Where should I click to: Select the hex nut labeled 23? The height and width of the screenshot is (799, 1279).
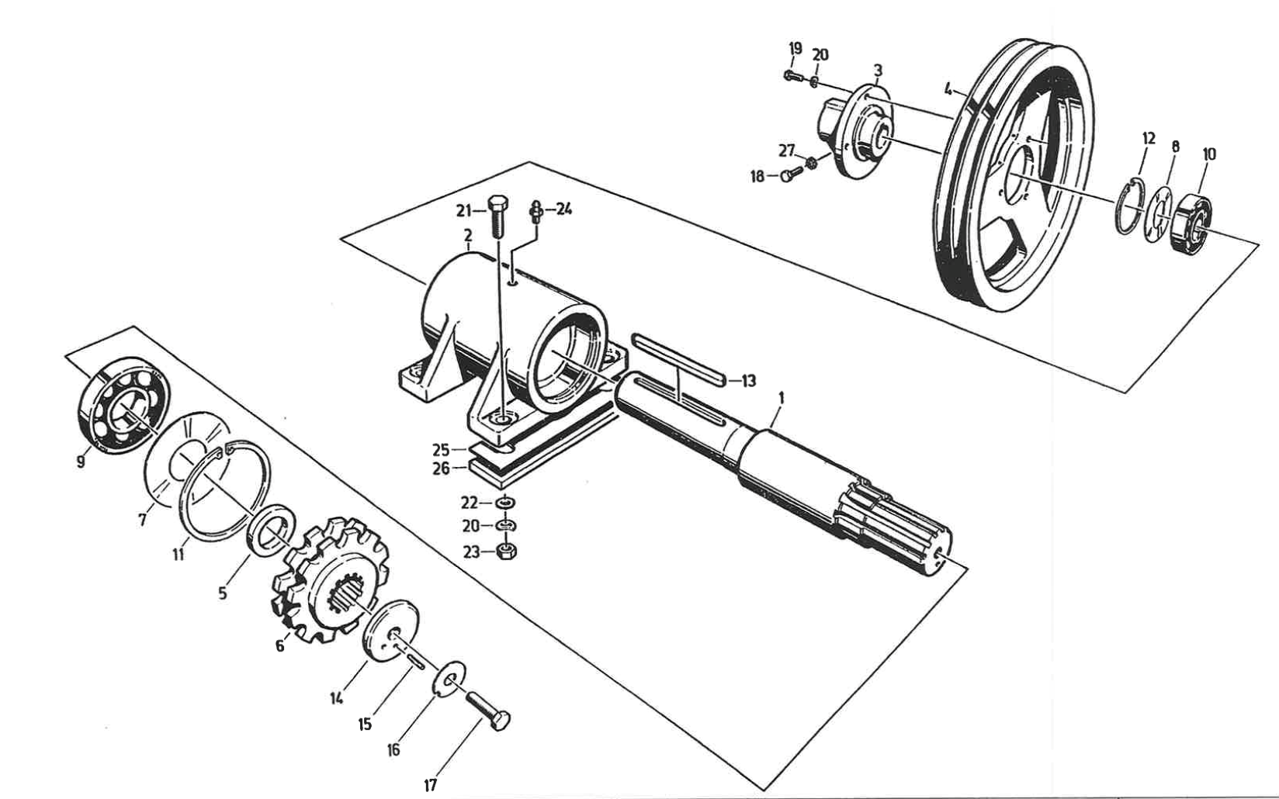pos(506,552)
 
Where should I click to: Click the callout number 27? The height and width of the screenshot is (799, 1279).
pos(787,150)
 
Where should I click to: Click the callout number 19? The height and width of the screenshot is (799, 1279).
pos(795,48)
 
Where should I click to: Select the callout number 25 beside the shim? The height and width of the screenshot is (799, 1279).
pos(441,450)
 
